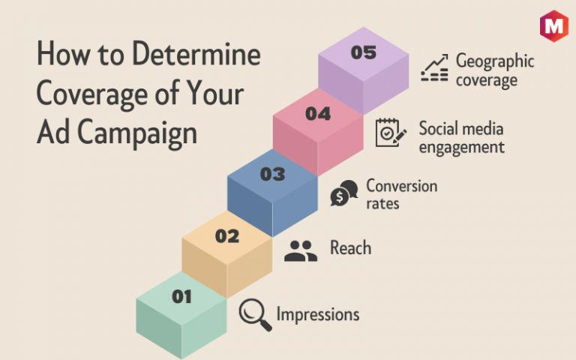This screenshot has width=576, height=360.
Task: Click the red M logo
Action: tap(554, 25)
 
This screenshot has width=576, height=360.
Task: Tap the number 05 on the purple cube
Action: tap(363, 52)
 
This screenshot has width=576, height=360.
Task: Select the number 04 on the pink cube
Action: tap(318, 113)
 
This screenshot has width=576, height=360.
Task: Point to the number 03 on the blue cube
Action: tap(272, 174)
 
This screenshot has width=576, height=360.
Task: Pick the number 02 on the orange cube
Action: tap(227, 235)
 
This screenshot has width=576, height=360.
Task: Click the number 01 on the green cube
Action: tap(181, 296)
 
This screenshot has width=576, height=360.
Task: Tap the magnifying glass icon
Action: tap(255, 315)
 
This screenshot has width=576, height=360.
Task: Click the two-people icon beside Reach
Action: tap(301, 251)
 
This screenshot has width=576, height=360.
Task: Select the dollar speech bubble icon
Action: tap(343, 193)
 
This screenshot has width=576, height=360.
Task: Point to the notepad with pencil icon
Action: tap(391, 133)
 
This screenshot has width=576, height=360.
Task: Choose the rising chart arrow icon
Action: tap(434, 67)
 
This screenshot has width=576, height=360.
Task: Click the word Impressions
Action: tap(318, 315)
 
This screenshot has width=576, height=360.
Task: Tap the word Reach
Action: tap(350, 248)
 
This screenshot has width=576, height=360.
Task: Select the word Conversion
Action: tap(402, 186)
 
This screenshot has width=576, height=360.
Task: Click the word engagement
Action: tap(462, 148)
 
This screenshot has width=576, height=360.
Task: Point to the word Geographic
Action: tap(495, 61)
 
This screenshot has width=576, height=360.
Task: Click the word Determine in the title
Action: tap(196, 54)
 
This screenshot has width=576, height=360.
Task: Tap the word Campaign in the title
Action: tap(137, 133)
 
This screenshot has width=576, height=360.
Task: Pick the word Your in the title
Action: tap(215, 93)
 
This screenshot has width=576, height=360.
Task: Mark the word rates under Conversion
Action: tap(382, 203)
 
